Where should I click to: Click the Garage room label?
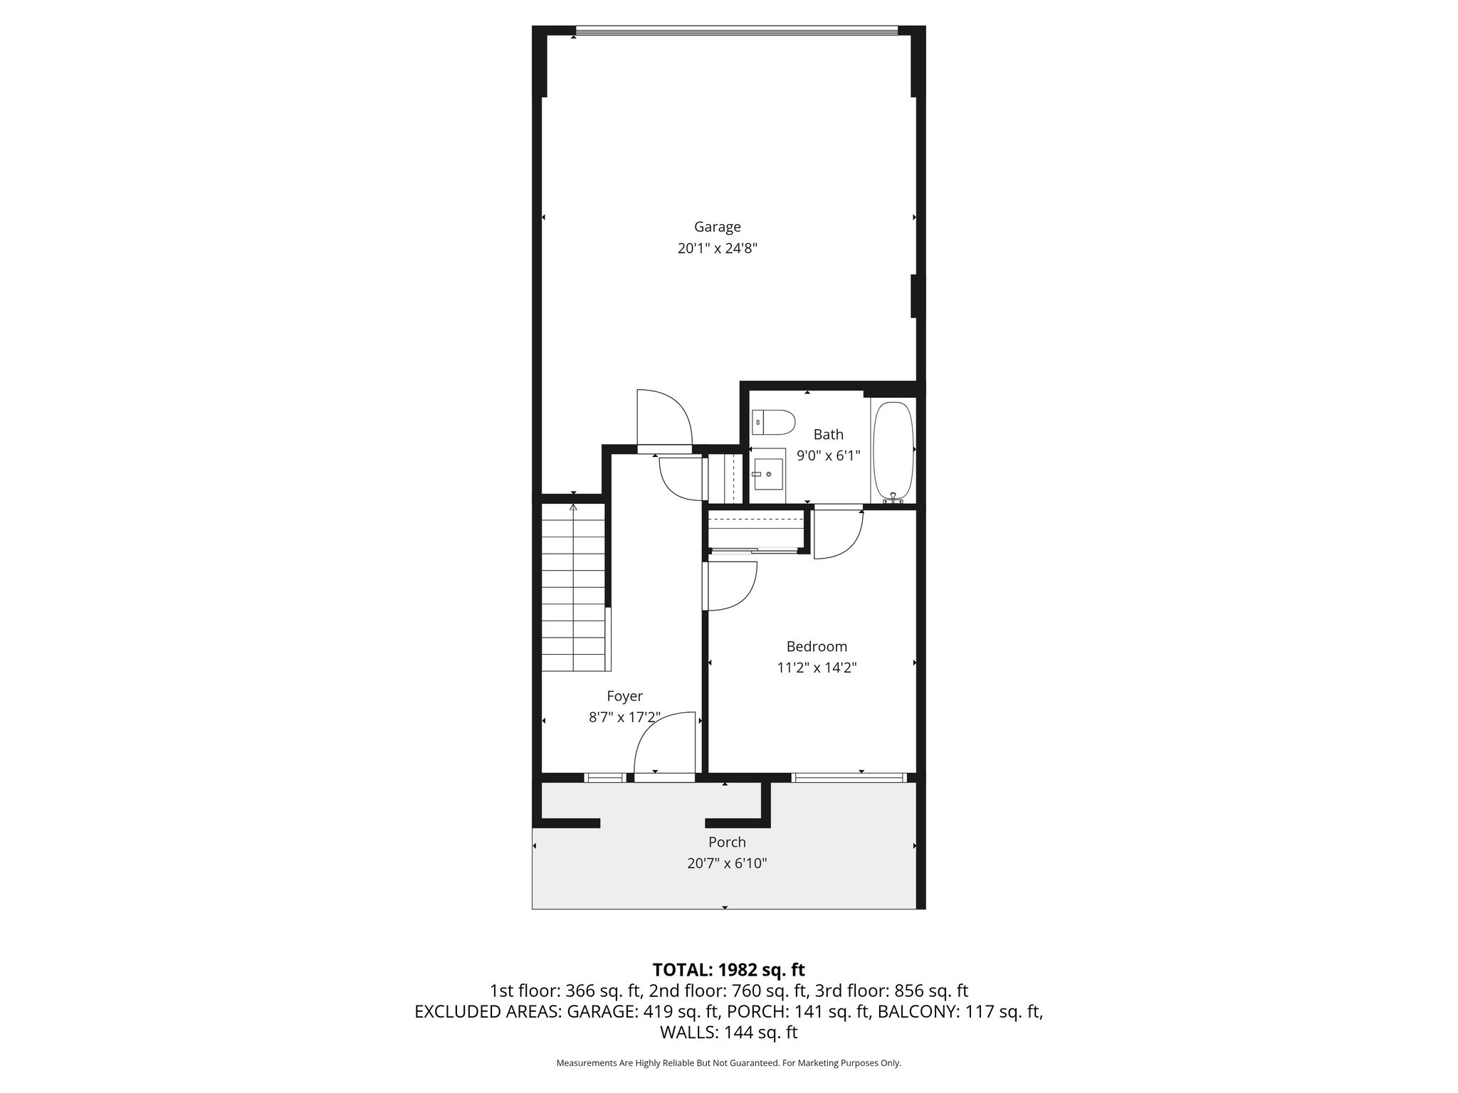(717, 227)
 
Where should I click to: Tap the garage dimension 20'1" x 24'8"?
(717, 248)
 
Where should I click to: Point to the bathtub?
(893, 450)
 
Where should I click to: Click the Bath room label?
(828, 434)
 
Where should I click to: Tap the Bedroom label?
(816, 646)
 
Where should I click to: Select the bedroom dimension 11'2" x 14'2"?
(816, 667)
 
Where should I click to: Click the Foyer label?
(624, 696)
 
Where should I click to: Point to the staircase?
(573, 587)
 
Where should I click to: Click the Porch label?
(727, 842)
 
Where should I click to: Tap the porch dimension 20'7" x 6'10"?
(727, 863)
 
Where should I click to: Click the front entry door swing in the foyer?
(662, 744)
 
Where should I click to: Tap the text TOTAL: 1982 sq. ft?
(728, 969)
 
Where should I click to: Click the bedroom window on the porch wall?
(849, 778)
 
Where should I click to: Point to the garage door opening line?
(737, 29)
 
